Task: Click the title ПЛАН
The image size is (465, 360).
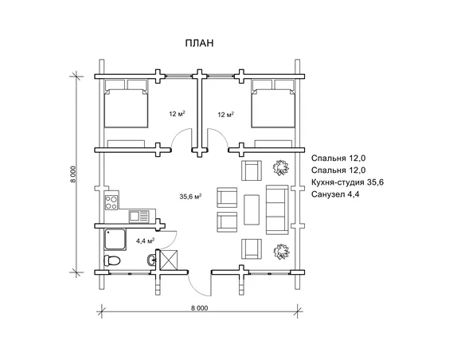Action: click(199, 43)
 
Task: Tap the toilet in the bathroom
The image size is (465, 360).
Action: click(111, 260)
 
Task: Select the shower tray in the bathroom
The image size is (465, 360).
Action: click(115, 239)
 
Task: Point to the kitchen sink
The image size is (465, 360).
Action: click(139, 216)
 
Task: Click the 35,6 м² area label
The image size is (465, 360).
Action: click(190, 196)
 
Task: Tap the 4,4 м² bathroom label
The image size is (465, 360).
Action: click(145, 241)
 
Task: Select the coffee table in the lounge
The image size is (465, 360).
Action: click(252, 209)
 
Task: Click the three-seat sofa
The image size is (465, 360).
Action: click(277, 209)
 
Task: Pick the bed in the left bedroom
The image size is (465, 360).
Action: click(126, 104)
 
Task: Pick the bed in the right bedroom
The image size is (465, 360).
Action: click(273, 104)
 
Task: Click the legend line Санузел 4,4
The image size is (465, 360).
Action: click(335, 194)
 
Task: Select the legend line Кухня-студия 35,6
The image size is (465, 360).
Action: click(347, 182)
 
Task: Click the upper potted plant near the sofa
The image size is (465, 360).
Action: click(280, 168)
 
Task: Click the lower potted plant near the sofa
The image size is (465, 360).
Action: click(280, 252)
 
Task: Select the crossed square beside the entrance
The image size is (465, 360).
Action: click(169, 260)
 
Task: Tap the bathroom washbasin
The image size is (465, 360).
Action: click(151, 260)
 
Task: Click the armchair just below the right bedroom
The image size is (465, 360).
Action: click(252, 170)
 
